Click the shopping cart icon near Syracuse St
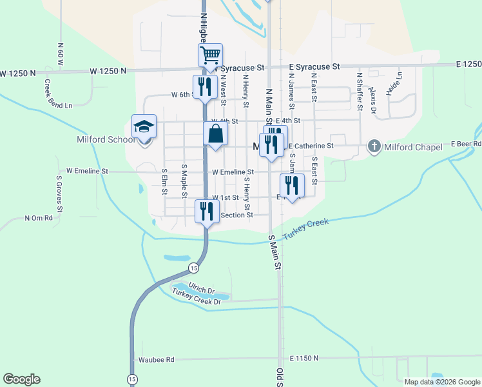[210, 55]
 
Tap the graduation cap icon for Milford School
[144, 126]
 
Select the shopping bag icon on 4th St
[216, 134]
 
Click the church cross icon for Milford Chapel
[374, 146]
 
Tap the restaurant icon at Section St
[207, 211]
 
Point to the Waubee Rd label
[156, 359]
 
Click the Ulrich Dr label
[201, 290]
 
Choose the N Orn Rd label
[38, 218]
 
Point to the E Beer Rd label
[466, 143]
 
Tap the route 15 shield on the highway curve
[193, 267]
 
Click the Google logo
[21, 379]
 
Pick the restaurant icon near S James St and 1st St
[292, 186]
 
